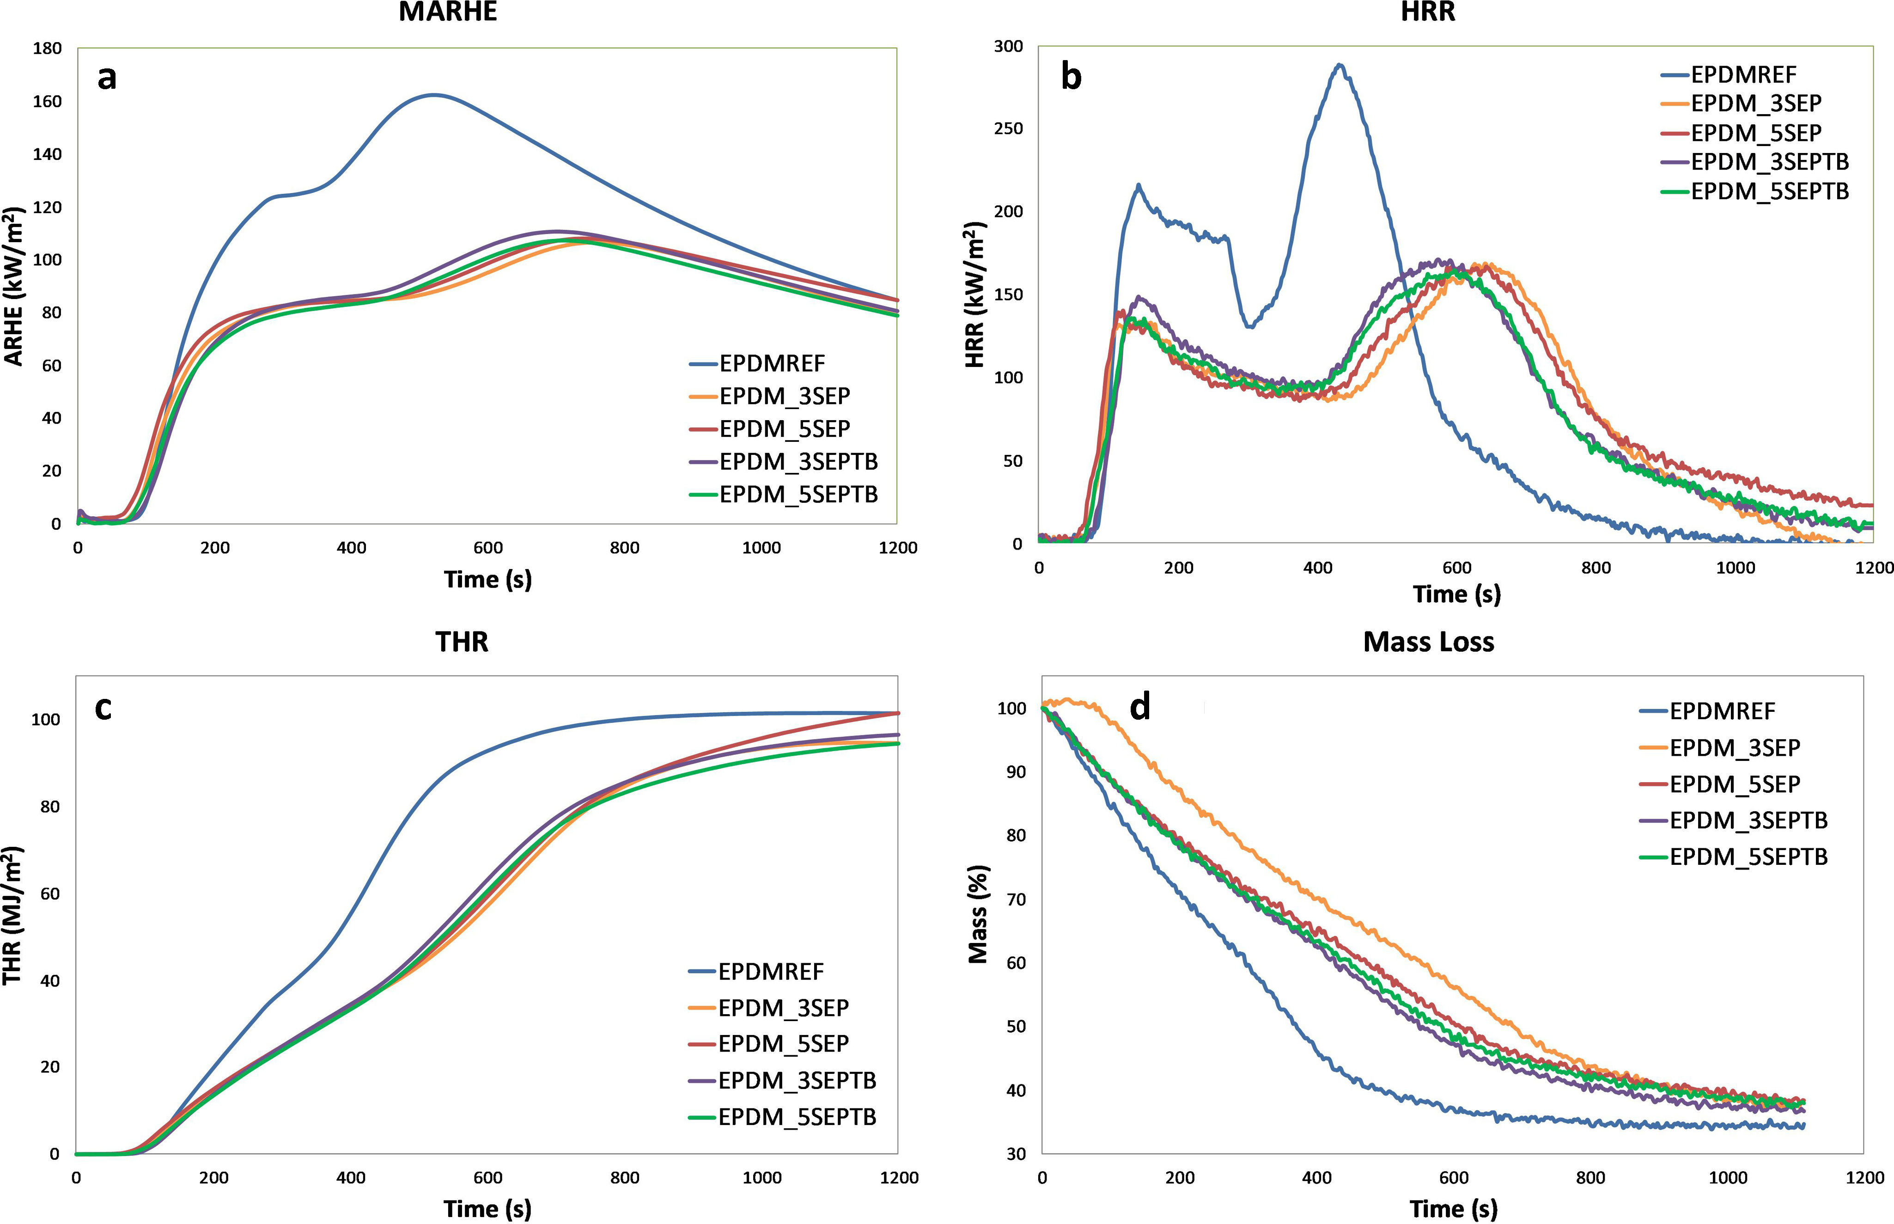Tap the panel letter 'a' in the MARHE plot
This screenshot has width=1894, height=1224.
pos(106,78)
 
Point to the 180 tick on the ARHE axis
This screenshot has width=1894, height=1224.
pos(47,49)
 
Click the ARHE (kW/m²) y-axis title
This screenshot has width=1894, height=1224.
pos(14,286)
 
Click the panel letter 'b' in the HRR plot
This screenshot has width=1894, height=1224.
pos(1071,77)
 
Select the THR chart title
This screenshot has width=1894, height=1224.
pos(462,642)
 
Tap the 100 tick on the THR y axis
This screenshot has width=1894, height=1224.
pos(45,719)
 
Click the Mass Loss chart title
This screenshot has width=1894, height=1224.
pos(1428,642)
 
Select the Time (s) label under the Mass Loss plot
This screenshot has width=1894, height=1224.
pos(1453,1209)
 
